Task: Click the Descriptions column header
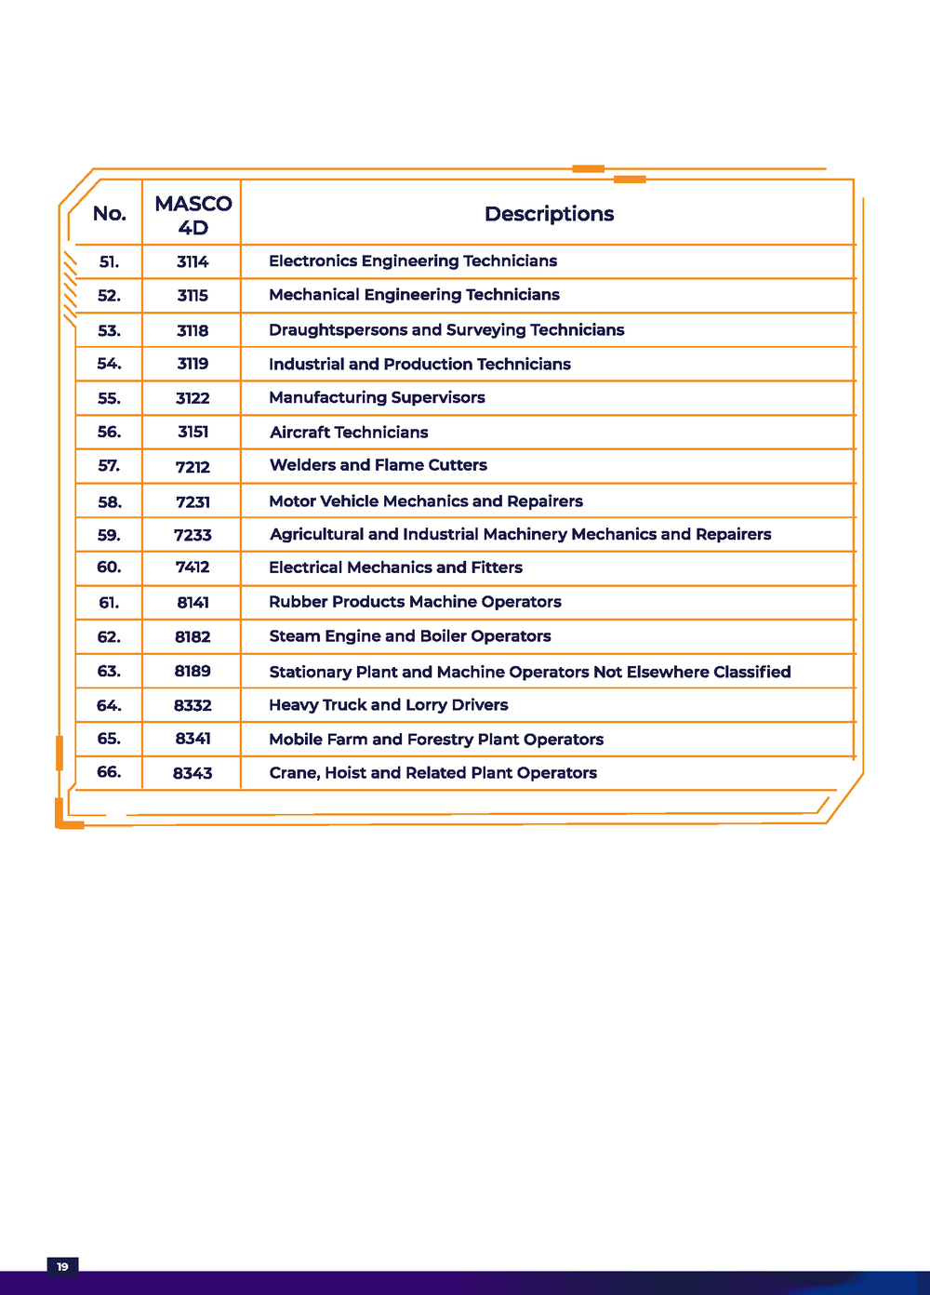[x=549, y=214]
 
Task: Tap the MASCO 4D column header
[x=193, y=215]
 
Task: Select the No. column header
[x=110, y=214]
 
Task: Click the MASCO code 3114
[x=193, y=261]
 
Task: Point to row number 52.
[x=109, y=296]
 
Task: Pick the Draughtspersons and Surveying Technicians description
[x=446, y=330]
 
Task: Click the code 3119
[x=193, y=364]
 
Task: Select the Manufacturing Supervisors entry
[x=377, y=398]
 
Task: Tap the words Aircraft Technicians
[x=349, y=433]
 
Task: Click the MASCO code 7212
[x=193, y=467]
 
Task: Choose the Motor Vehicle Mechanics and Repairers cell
[x=426, y=501]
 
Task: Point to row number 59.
[x=109, y=535]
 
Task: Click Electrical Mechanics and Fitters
[x=395, y=567]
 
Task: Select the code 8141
[x=193, y=603]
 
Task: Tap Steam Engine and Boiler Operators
[x=409, y=636]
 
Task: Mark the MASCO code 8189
[x=193, y=671]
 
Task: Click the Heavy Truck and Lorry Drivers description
[x=388, y=705]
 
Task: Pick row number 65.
[x=109, y=739]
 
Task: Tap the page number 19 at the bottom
[x=62, y=1267]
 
